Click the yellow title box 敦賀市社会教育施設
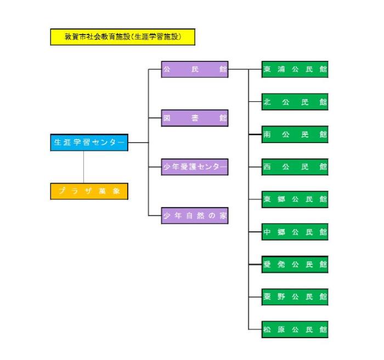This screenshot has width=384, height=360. pos(122,37)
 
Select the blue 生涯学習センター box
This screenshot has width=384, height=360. pos(89,142)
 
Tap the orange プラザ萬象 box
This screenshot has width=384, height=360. pos(89,191)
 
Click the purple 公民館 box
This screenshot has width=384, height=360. pos(195,70)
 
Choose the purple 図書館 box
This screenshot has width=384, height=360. pos(195,118)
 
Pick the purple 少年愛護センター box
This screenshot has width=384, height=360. pos(195,167)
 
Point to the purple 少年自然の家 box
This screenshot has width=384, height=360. pos(195,215)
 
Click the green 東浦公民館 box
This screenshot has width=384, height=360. pos(295,70)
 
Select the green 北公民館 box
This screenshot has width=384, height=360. pos(295,102)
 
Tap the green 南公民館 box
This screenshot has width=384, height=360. pos(295,134)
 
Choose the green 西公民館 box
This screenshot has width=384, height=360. pos(295,167)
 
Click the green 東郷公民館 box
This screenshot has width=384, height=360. pos(295,199)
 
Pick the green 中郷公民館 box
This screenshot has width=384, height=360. pos(295,232)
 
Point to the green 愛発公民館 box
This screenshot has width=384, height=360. pos(295,264)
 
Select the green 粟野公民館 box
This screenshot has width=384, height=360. pos(295,296)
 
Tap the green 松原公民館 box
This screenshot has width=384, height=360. pos(295,329)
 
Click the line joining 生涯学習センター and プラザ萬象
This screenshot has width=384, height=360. pos(84,167)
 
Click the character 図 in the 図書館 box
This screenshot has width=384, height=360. pos(166,118)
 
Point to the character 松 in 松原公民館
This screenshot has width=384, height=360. pos(267,329)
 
